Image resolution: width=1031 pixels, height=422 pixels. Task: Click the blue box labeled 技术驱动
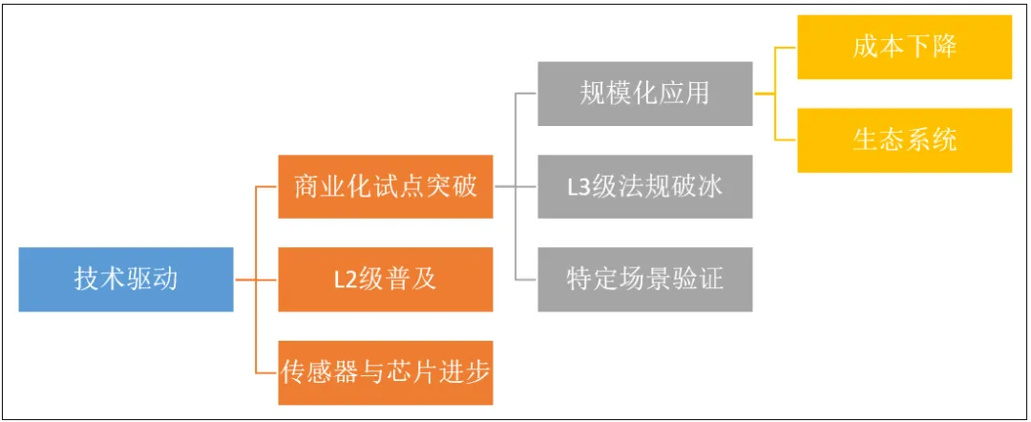(x=126, y=280)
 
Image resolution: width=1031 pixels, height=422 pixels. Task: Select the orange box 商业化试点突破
(x=386, y=187)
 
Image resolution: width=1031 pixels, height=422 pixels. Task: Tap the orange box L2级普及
(x=386, y=280)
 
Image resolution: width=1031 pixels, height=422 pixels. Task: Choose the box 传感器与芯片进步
(x=386, y=372)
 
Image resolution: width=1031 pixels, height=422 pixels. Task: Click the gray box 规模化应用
(x=645, y=94)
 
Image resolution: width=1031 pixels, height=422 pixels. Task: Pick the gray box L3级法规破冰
(x=645, y=187)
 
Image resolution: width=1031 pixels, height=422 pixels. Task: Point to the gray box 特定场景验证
(x=645, y=280)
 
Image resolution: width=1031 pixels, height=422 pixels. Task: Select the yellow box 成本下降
(x=905, y=47)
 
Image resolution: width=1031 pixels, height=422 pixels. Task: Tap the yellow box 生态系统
(x=905, y=140)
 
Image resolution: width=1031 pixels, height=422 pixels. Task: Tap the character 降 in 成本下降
(x=944, y=47)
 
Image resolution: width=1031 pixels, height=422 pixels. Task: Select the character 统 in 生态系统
(x=944, y=140)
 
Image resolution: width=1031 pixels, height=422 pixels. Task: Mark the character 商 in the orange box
(x=306, y=187)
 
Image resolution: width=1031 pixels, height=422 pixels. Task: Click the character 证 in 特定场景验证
(x=711, y=280)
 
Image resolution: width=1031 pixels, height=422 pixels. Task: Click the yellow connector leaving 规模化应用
(x=776, y=94)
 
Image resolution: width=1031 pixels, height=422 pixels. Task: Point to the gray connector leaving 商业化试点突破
(x=516, y=187)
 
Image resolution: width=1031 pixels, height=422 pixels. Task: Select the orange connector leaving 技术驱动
(x=256, y=280)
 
